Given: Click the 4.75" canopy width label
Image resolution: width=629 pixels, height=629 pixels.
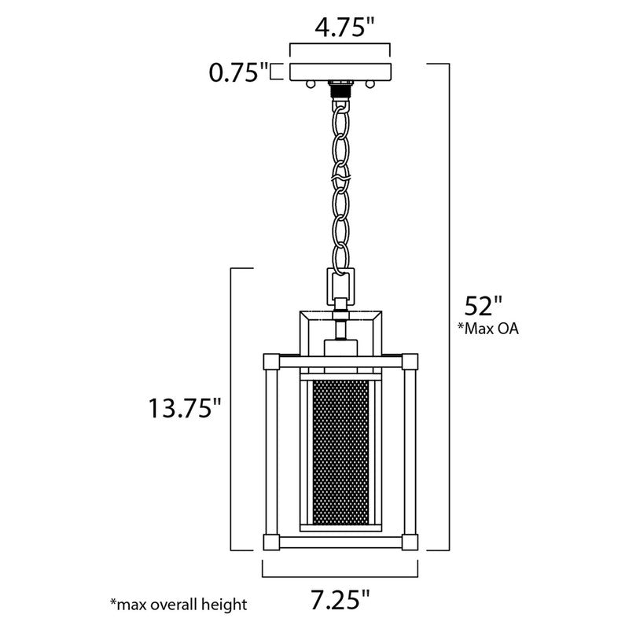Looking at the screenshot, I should pyautogui.click(x=340, y=29).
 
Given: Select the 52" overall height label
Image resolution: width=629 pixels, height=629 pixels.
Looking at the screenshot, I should pyautogui.click(x=482, y=304).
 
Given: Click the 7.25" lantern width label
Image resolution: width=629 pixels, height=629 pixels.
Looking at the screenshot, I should pyautogui.click(x=339, y=602).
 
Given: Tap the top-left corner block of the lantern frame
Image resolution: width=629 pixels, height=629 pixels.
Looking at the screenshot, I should pyautogui.click(x=270, y=363).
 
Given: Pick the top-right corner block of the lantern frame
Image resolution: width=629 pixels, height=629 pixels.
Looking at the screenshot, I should pyautogui.click(x=411, y=363).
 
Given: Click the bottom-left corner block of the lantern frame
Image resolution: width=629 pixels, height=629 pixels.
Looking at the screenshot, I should pyautogui.click(x=270, y=542).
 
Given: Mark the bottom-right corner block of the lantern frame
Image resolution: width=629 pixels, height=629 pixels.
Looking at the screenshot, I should pyautogui.click(x=411, y=542).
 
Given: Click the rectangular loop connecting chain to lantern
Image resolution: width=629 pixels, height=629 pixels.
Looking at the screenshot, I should pyautogui.click(x=340, y=284).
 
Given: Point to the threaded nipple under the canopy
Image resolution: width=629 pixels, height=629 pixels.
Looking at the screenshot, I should pyautogui.click(x=340, y=89).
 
